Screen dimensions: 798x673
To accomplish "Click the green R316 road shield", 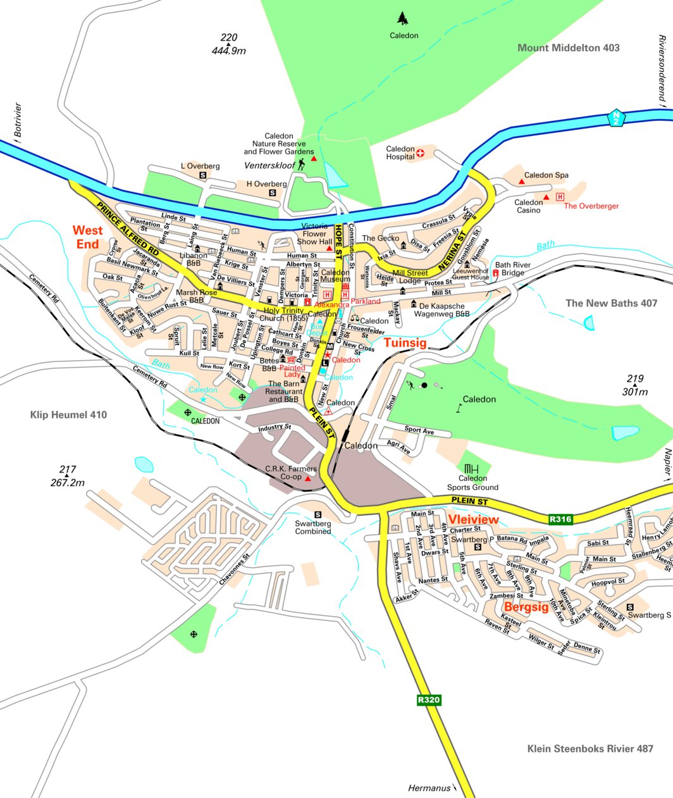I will (x=560, y=520).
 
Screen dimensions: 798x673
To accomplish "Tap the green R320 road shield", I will (x=429, y=700).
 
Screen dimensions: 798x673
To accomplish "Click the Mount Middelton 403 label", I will (x=568, y=48).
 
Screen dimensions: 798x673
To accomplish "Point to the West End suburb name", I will (x=87, y=237).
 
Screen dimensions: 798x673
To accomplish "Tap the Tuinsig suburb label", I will (x=405, y=342).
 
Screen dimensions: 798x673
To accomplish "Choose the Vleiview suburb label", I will (x=474, y=520).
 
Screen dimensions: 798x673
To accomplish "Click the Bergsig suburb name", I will (x=526, y=607).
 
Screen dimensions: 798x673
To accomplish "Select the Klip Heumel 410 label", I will (x=68, y=415).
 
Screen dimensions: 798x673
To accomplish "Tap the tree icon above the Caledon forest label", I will (x=402, y=18).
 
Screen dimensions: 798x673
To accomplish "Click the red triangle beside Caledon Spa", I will (x=522, y=182).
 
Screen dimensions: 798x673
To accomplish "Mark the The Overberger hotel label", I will (x=591, y=206).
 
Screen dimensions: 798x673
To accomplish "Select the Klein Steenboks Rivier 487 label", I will (x=590, y=749).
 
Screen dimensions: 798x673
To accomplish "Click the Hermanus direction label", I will (x=429, y=788).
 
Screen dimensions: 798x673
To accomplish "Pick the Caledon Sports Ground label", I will (x=472, y=483).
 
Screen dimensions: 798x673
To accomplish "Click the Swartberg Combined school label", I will (x=313, y=527).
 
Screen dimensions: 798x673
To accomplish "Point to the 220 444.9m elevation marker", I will (x=228, y=44).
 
